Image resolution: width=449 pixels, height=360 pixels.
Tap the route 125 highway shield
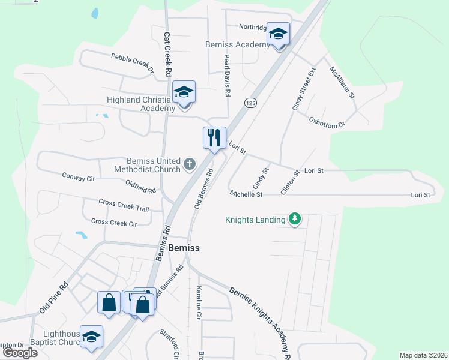pyautogui.click(x=251, y=103)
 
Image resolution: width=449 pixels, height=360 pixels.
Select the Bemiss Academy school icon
pyautogui.click(x=279, y=34)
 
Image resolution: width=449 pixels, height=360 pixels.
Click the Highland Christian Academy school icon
pyautogui.click(x=184, y=92)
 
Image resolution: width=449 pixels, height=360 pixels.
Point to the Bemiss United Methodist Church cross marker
pyautogui.click(x=190, y=163)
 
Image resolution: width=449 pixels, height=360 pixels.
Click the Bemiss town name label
pyautogui.click(x=184, y=247)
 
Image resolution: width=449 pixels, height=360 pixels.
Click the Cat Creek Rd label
pyautogui.click(x=168, y=54)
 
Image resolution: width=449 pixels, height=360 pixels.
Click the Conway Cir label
pyautogui.click(x=79, y=177)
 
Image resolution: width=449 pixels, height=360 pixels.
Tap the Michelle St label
pyautogui.click(x=246, y=194)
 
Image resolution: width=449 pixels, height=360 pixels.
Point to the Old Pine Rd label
pyautogui.click(x=54, y=298)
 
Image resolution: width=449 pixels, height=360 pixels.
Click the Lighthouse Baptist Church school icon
pyautogui.click(x=91, y=337)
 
